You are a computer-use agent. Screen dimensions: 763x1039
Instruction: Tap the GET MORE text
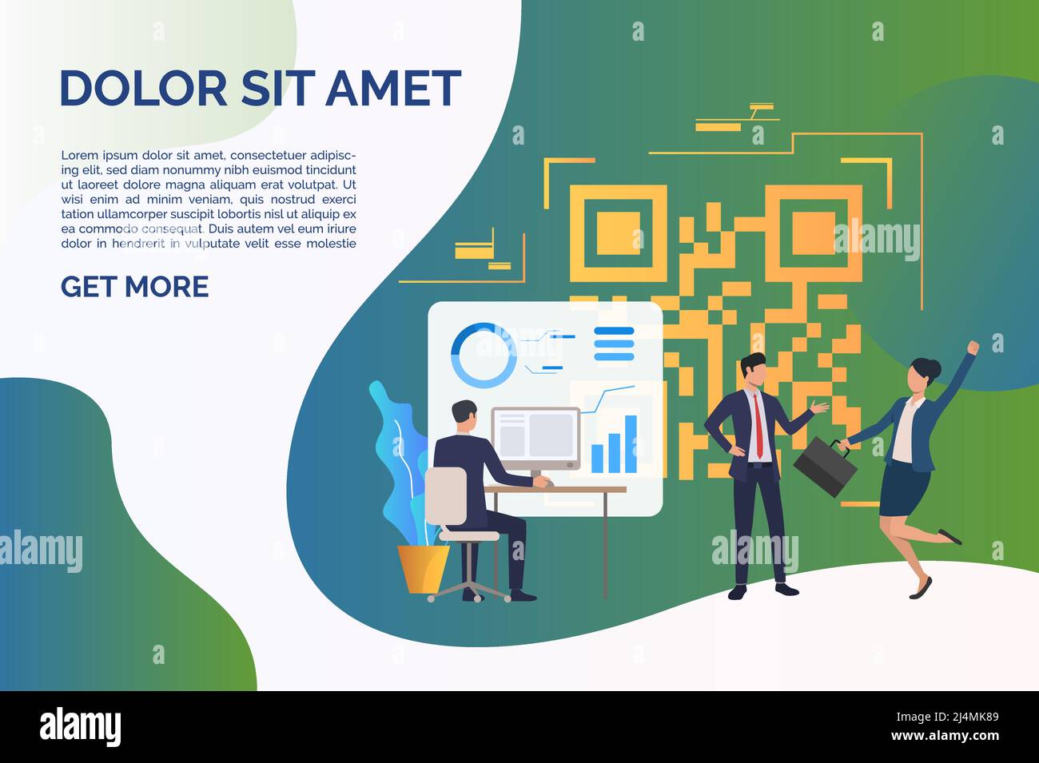click(134, 287)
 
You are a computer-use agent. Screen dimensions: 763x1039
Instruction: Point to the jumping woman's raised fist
click(973, 348)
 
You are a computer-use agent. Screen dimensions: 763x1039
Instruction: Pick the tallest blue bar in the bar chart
click(631, 443)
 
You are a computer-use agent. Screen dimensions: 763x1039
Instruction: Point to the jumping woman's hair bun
click(933, 368)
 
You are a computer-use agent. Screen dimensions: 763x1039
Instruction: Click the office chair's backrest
click(445, 496)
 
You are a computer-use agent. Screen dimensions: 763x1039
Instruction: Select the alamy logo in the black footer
click(81, 727)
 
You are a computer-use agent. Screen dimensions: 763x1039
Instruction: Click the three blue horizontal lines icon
click(614, 344)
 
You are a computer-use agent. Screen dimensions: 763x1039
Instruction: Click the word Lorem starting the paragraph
click(80, 155)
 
